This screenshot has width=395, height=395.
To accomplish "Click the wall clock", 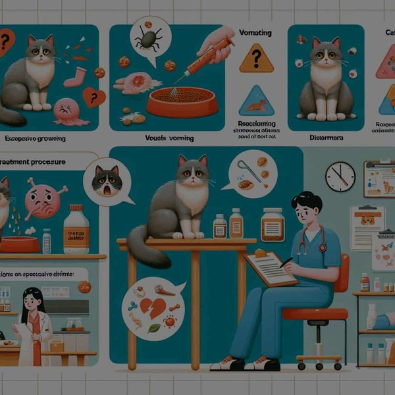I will (340, 176).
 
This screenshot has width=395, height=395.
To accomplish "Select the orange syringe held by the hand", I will (204, 60).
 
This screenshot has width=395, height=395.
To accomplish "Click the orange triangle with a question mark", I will (256, 59).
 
